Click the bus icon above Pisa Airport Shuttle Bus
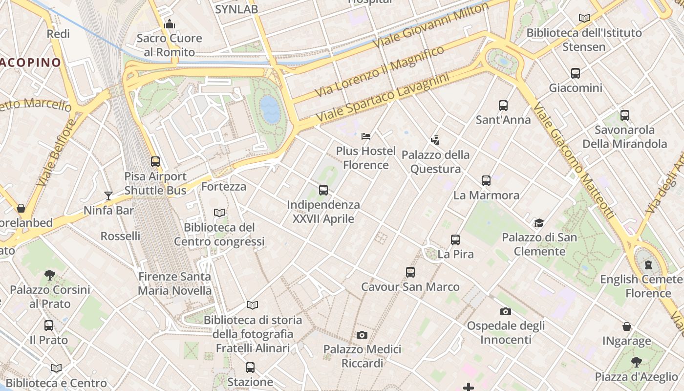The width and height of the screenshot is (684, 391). click(155, 161)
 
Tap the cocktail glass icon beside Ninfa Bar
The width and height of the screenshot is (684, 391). click(108, 196)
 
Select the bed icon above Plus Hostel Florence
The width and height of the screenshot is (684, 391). click(366, 136)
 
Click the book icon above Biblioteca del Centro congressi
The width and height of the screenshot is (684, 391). click(219, 213)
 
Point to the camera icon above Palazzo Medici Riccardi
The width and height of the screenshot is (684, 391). click(362, 335)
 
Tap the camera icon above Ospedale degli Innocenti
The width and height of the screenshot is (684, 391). click(506, 311)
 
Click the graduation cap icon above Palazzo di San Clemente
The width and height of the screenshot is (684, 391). click(539, 223)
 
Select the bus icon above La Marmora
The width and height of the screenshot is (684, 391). click(486, 180)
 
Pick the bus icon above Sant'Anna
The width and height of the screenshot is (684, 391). click(503, 105)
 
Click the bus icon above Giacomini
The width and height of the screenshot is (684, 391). click(576, 73)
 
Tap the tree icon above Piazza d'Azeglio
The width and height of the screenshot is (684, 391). click(636, 362)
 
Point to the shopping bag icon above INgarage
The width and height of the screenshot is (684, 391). click(627, 326)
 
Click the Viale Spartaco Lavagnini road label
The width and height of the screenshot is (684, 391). click(382, 98)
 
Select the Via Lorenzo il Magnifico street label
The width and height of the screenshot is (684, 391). click(379, 71)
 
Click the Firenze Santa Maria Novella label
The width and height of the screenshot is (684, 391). click(175, 283)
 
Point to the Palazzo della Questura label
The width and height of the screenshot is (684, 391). click(435, 162)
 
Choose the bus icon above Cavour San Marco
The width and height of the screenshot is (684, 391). click(410, 272)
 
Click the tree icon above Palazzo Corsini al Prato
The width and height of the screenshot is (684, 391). click(50, 275)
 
